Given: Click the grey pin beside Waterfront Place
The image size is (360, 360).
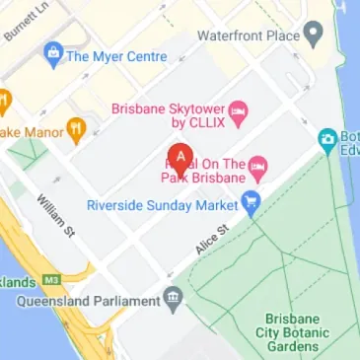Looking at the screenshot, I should (x=314, y=36).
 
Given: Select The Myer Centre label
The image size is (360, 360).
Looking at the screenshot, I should (x=115, y=56).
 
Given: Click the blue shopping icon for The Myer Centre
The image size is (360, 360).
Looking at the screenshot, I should (x=52, y=56).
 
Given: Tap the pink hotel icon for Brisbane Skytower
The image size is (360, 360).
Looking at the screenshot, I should (x=238, y=108).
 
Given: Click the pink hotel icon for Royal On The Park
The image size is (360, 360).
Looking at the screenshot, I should (x=258, y=163).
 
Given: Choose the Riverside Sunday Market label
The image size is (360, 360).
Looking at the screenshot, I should (x=163, y=206).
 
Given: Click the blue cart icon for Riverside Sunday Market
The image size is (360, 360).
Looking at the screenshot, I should (x=252, y=206).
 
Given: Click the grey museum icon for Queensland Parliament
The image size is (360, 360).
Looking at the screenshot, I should (x=174, y=297).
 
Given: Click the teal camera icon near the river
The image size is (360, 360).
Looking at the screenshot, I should (x=327, y=139).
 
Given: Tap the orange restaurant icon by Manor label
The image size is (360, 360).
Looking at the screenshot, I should (x=76, y=128).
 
